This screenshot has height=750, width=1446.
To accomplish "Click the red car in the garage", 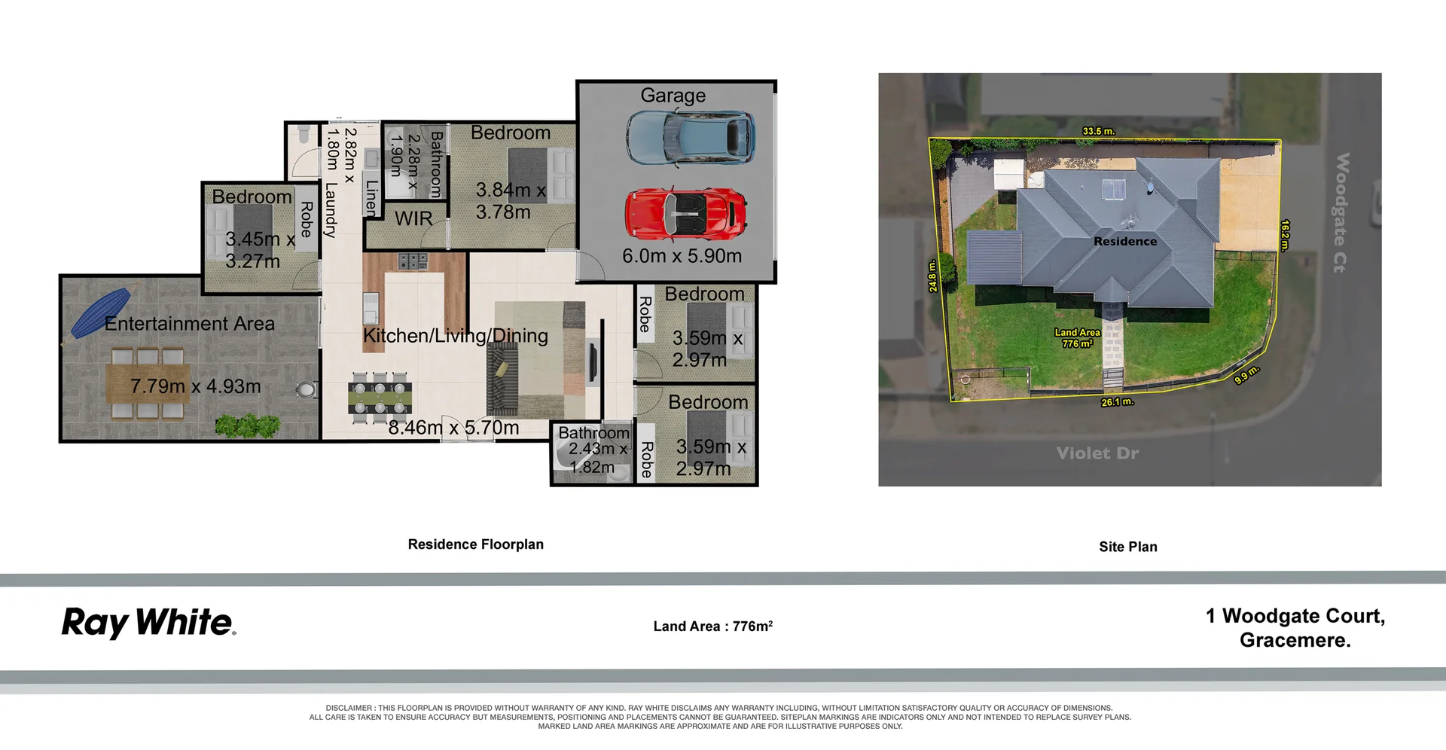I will [685, 214].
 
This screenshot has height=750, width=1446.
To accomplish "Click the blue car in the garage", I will [690, 137].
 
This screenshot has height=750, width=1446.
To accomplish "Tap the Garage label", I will [673, 96].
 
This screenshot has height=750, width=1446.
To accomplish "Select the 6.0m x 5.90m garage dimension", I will [682, 256].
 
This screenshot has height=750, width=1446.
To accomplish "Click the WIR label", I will [413, 219].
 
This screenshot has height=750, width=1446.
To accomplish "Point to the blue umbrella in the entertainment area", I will [101, 312].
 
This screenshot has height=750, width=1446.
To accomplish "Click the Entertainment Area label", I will [189, 324].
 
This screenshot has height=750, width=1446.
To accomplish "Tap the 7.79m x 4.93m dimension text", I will [195, 386].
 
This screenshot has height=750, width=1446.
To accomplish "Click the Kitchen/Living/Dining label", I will [455, 336].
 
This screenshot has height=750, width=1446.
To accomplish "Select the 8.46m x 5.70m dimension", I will [453, 428].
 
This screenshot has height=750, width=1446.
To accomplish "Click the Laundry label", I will [330, 210].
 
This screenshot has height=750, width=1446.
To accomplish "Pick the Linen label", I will [371, 198].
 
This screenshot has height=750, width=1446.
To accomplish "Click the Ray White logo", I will [148, 623].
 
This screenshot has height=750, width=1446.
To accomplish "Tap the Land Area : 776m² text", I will [712, 626].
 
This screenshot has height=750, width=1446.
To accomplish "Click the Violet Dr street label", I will [1097, 453].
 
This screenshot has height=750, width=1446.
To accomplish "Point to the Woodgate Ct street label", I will [1341, 212].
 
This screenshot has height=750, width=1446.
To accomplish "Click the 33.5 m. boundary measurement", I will [1098, 131].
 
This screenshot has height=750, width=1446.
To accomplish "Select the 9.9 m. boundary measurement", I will [1246, 374].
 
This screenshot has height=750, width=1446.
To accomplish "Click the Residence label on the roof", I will [1124, 242].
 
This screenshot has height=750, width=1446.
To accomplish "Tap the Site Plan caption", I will [1127, 547].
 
